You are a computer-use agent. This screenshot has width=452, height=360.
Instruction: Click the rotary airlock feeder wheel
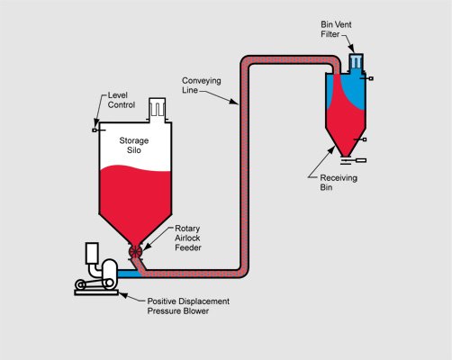(x=135, y=251)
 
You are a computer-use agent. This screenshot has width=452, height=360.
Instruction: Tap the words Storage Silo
(x=134, y=145)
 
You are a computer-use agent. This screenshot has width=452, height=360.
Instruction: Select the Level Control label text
(x=122, y=100)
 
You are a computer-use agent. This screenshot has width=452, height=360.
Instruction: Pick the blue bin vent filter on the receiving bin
(x=356, y=63)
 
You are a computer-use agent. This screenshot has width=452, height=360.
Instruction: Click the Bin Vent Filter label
(x=336, y=29)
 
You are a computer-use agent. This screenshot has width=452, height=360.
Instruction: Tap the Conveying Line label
(x=202, y=85)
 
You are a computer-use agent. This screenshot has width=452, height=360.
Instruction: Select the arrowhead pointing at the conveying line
(x=234, y=102)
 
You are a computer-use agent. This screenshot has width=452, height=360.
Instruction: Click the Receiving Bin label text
(x=339, y=183)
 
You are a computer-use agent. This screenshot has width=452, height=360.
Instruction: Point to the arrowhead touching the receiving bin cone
(x=331, y=149)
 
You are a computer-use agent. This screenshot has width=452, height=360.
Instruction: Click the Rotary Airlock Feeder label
(x=188, y=238)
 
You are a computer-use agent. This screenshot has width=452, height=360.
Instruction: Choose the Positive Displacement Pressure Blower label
(x=188, y=306)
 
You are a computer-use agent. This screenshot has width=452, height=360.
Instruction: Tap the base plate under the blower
(x=96, y=292)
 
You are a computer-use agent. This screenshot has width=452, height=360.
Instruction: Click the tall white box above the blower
(x=92, y=254)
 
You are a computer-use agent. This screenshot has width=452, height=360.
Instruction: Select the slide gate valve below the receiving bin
(x=353, y=161)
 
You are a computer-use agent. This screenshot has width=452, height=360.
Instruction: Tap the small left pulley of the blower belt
(x=80, y=283)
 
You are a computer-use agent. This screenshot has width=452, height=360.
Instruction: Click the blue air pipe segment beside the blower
(x=128, y=274)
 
